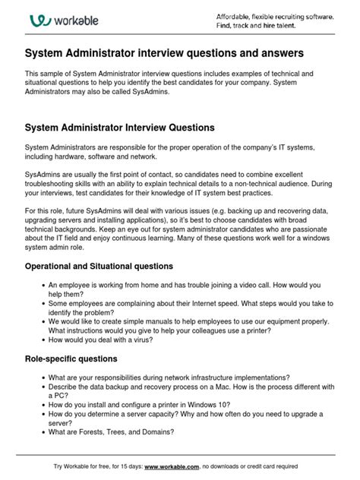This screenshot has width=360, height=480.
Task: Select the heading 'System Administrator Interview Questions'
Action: click(x=120, y=127)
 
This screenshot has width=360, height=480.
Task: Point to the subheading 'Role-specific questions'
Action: click(x=71, y=358)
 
